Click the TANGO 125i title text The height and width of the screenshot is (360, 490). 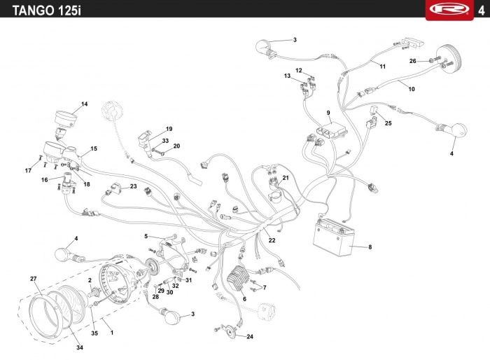pyautogui.click(x=47, y=11)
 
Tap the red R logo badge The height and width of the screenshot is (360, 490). pyautogui.click(x=449, y=10)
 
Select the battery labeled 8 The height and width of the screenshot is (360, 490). pyautogui.click(x=334, y=237)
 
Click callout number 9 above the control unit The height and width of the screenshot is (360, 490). pyautogui.click(x=328, y=113)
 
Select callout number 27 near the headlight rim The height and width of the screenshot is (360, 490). pyautogui.click(x=34, y=279)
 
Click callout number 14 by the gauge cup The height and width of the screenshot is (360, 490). pyautogui.click(x=85, y=104)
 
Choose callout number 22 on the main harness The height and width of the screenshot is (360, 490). pyautogui.click(x=272, y=240)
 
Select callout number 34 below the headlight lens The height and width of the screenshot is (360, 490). pyautogui.click(x=80, y=347)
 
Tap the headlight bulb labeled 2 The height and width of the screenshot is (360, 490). pyautogui.click(x=93, y=293)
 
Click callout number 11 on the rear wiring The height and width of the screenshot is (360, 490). pyautogui.click(x=382, y=67)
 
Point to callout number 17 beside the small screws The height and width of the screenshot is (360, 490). pyautogui.click(x=28, y=170)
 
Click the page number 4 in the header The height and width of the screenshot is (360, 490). pyautogui.click(x=481, y=11)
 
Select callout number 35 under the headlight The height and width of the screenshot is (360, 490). pyautogui.click(x=94, y=333)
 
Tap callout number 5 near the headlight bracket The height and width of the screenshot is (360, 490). pyautogui.click(x=146, y=236)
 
